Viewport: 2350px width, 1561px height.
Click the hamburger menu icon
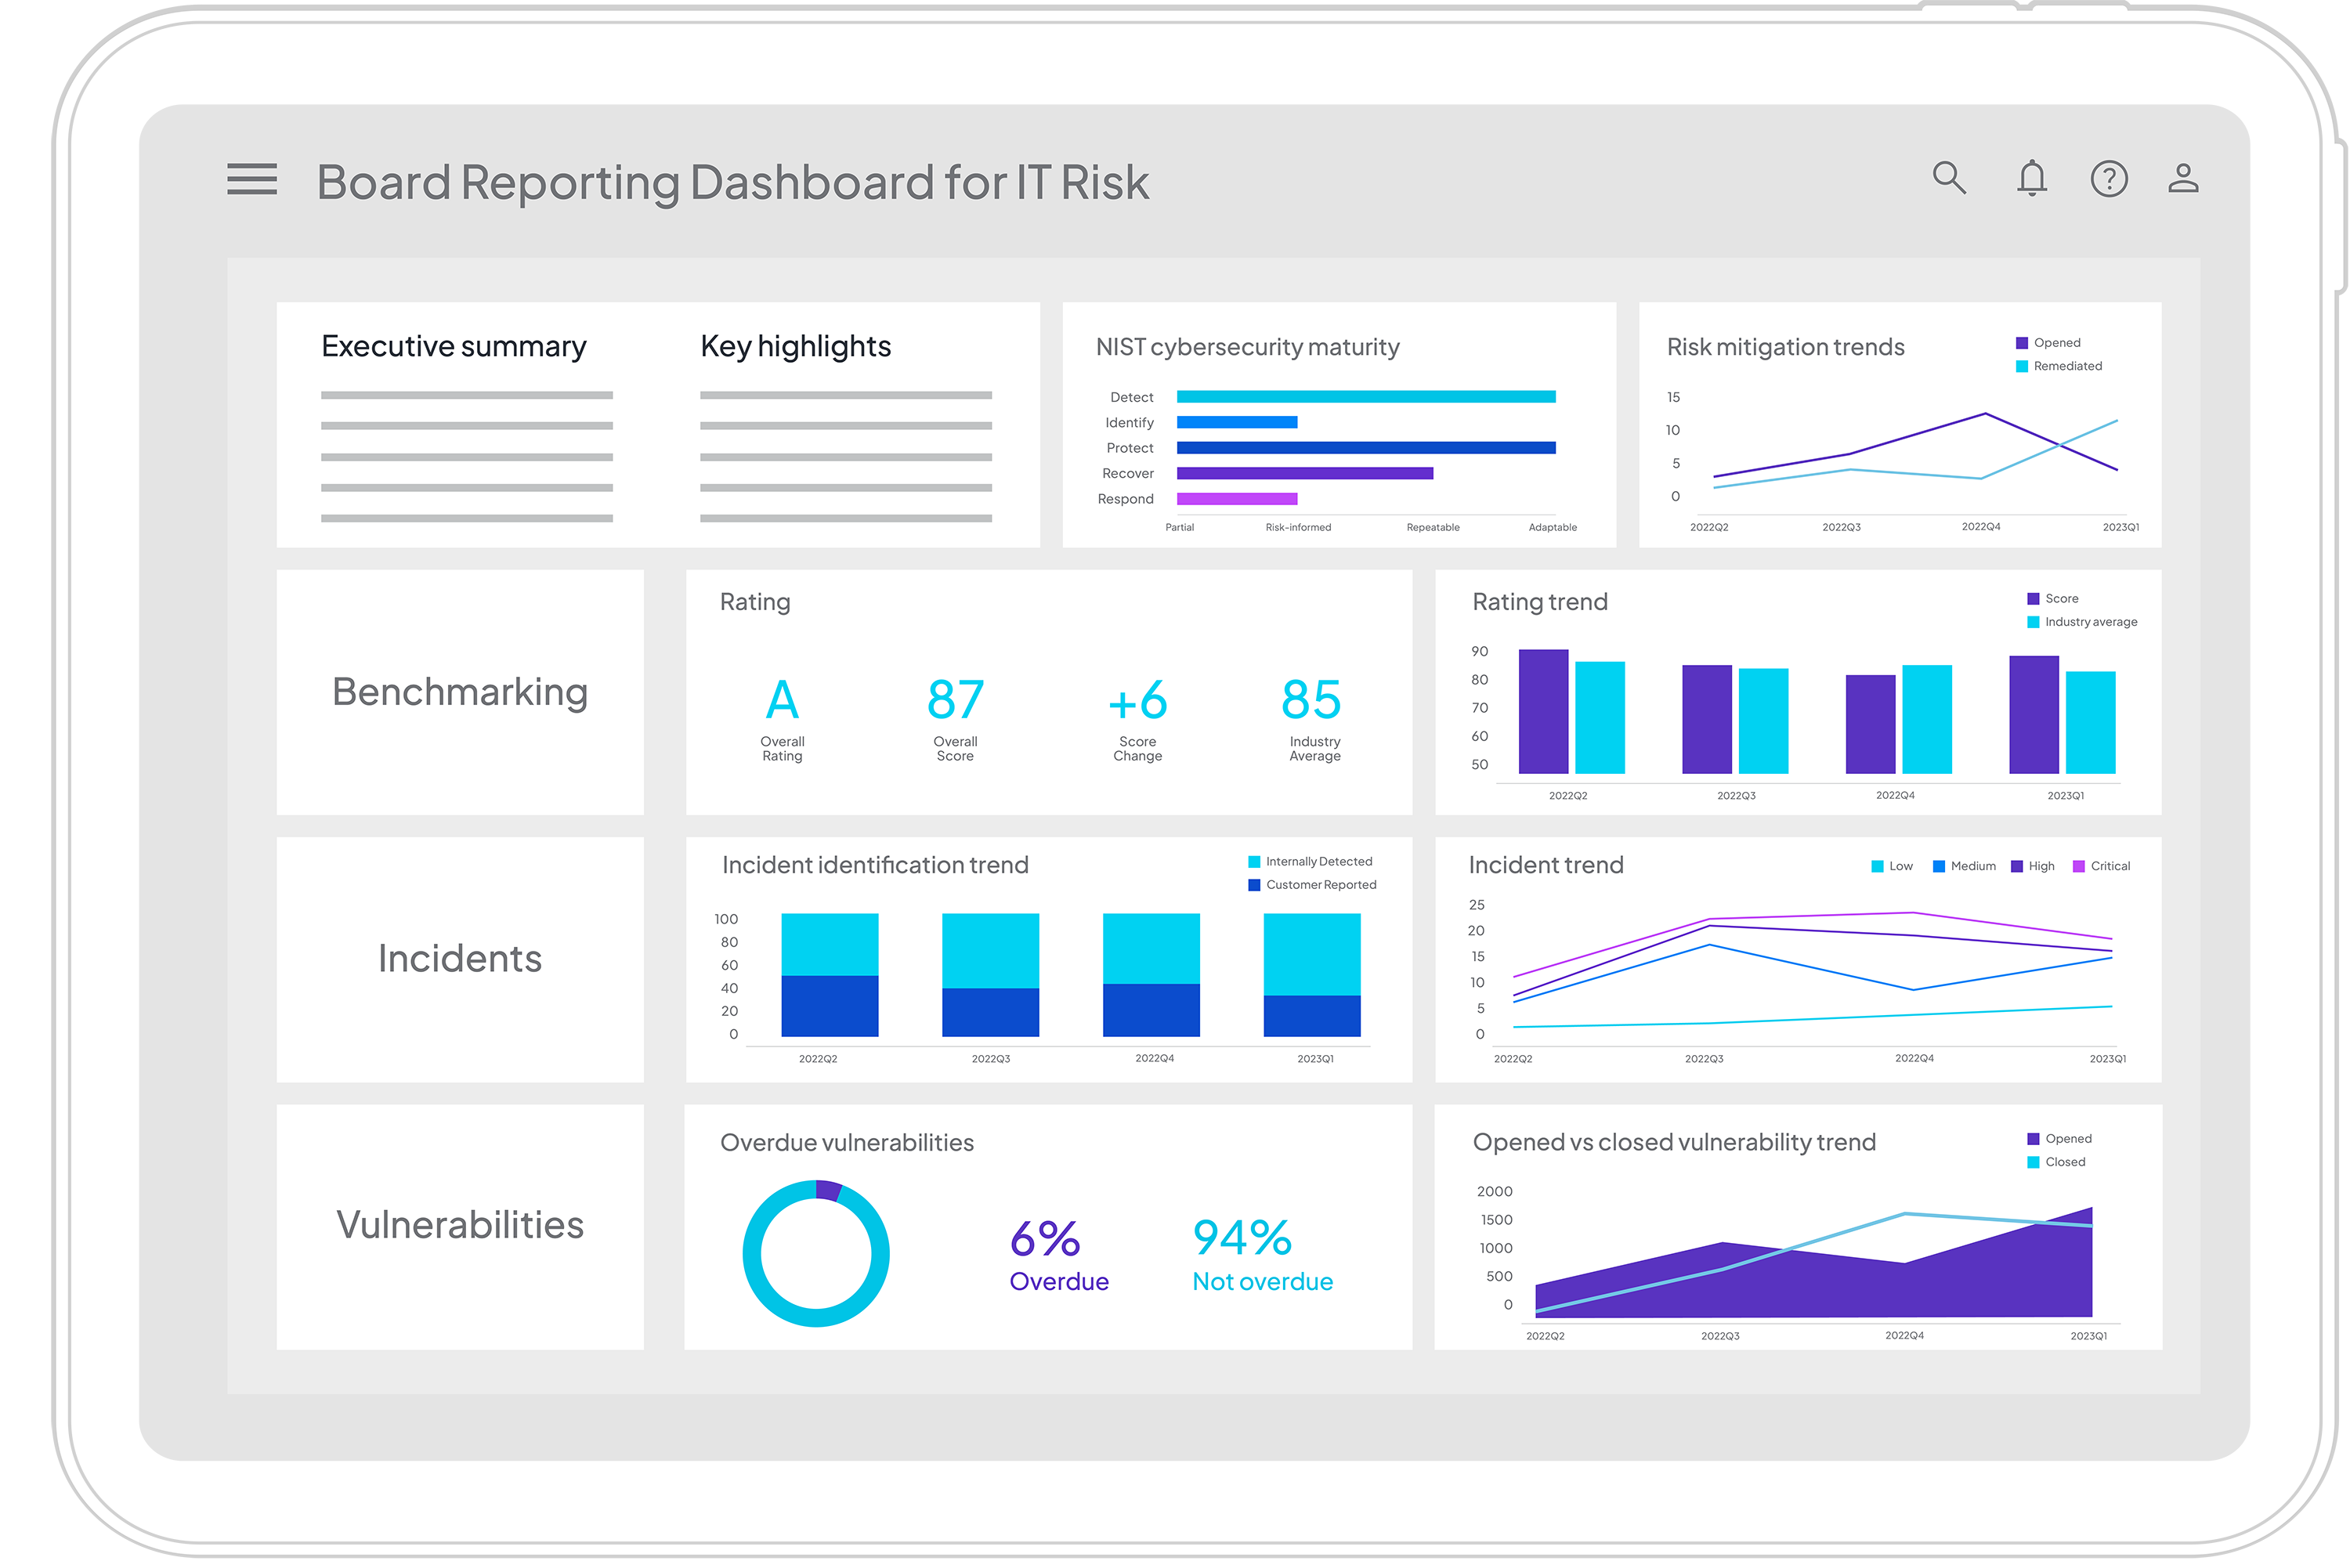(251, 179)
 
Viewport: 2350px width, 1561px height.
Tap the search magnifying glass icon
(1948, 179)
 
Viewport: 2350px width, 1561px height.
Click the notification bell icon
(2031, 179)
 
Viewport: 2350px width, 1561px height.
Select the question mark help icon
(2108, 179)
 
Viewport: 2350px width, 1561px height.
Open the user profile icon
(2183, 179)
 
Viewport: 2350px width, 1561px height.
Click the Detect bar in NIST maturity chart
(1365, 397)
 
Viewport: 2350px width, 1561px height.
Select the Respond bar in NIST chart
(1236, 499)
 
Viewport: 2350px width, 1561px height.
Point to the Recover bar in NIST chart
(1304, 474)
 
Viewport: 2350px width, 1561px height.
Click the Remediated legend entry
(2066, 367)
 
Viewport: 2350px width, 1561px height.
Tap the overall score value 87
(955, 701)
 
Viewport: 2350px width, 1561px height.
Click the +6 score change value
(1137, 701)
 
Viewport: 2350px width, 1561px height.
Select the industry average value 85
(1311, 701)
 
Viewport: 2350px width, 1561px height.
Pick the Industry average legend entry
(2089, 622)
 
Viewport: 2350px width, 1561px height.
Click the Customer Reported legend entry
(1320, 885)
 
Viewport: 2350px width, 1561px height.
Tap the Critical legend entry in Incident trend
(2108, 866)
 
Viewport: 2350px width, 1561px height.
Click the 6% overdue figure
(1045, 1239)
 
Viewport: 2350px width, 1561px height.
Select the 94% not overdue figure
(1242, 1238)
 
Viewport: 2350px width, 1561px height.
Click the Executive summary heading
(454, 346)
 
